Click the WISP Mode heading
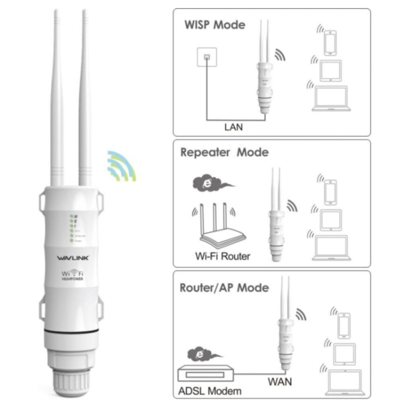[214, 25]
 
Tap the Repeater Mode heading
[224, 152]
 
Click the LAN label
[233, 127]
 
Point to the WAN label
[280, 382]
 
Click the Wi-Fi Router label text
[222, 256]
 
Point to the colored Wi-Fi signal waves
[121, 165]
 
